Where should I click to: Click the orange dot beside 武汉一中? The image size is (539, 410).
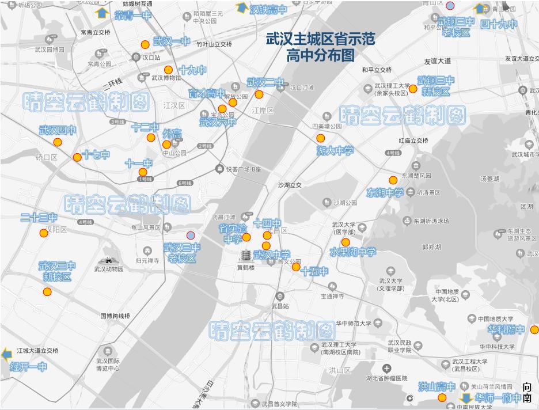tap(145, 44)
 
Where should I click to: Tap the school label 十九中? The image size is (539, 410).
tap(192, 70)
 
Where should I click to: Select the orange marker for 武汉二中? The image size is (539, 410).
tap(259, 94)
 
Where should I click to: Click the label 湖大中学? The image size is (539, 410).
tap(335, 151)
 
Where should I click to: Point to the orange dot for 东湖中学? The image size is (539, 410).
tap(393, 180)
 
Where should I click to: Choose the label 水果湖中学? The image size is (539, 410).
tap(352, 252)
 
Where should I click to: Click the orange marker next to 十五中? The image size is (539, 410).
tap(296, 267)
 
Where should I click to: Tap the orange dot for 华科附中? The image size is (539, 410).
tap(534, 330)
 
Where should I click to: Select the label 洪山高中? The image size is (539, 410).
tap(436, 387)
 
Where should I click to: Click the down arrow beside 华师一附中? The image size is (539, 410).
tap(466, 398)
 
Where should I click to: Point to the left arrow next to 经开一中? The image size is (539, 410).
tap(7, 354)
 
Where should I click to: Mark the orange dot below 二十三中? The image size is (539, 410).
tap(43, 233)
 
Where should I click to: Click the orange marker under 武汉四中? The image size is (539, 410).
tap(58, 142)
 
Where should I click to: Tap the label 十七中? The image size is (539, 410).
tap(96, 155)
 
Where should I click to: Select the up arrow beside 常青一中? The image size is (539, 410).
tap(103, 13)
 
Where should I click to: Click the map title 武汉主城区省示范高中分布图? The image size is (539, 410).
tap(320, 47)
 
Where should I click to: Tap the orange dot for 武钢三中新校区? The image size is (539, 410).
tap(413, 89)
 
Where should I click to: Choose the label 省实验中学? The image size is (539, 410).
tap(233, 234)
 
